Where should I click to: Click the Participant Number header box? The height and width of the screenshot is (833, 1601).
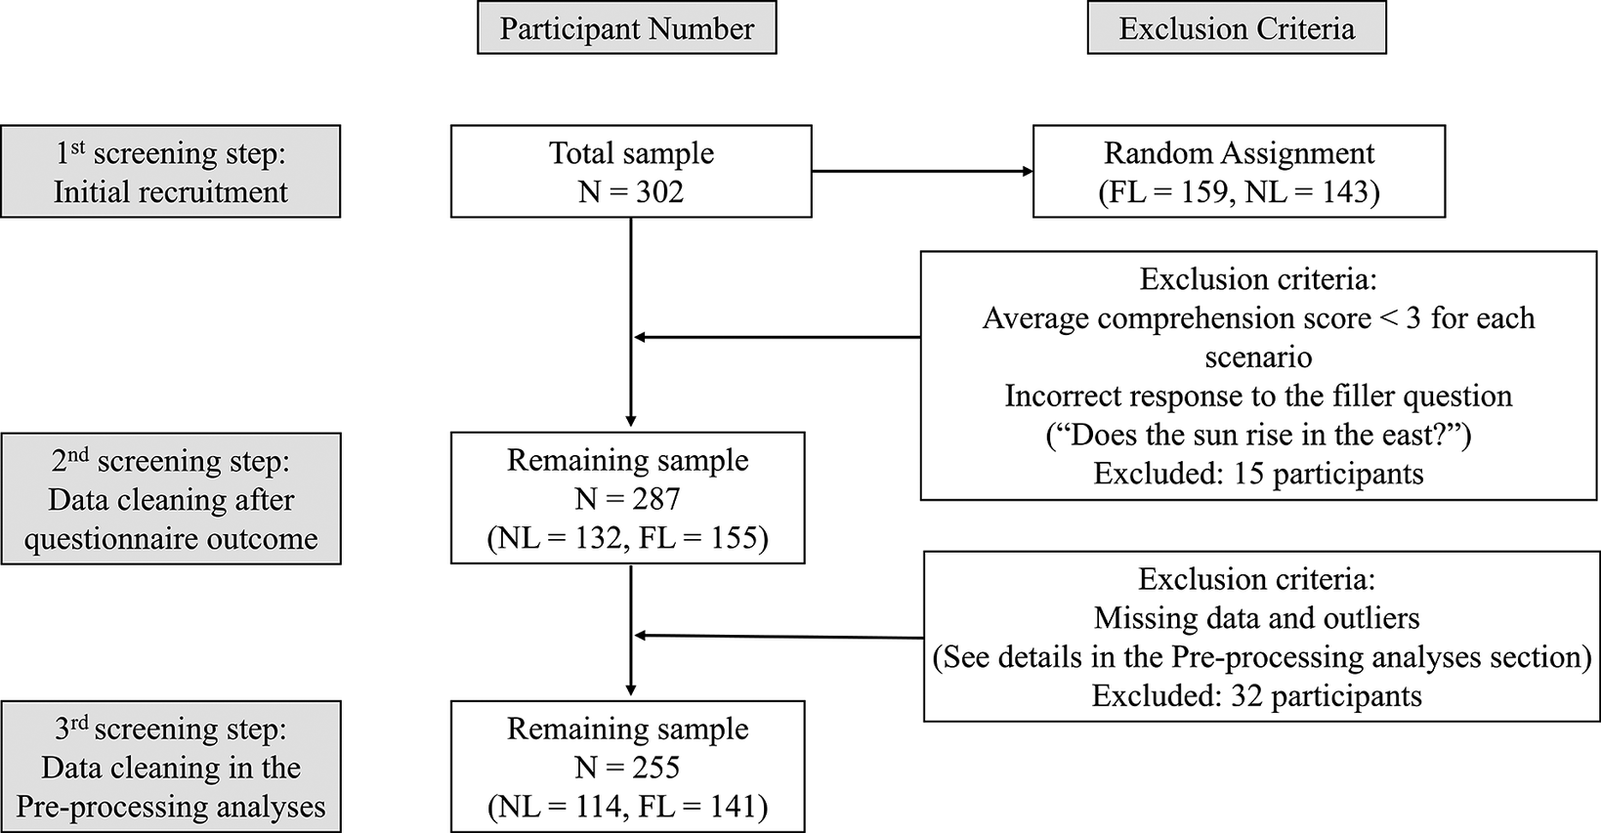pyautogui.click(x=626, y=29)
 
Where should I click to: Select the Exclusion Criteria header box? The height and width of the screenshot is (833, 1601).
pyautogui.click(x=1236, y=29)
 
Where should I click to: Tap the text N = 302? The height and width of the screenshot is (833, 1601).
pyautogui.click(x=630, y=191)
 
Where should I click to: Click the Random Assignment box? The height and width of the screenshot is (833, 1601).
pyautogui.click(x=1239, y=171)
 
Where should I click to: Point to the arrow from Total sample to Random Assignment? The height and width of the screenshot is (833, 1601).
pyautogui.click(x=921, y=172)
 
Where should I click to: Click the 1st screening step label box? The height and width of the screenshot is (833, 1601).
pyautogui.click(x=170, y=171)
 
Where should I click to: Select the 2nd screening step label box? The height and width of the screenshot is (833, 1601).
pyautogui.click(x=170, y=499)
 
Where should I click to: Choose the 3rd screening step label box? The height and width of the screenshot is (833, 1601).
pyautogui.click(x=170, y=767)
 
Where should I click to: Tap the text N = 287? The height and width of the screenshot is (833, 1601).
pyautogui.click(x=627, y=499)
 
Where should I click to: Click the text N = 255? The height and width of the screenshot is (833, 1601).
pyautogui.click(x=627, y=768)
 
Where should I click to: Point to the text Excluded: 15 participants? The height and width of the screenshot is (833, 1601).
pyautogui.click(x=1258, y=474)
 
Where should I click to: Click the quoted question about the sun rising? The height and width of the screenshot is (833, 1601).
pyautogui.click(x=1258, y=435)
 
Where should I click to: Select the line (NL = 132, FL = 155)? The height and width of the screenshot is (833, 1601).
pyautogui.click(x=627, y=538)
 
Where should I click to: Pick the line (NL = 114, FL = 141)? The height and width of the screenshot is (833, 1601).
pyautogui.click(x=627, y=807)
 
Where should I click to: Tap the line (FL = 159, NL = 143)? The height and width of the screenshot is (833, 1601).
pyautogui.click(x=1239, y=191)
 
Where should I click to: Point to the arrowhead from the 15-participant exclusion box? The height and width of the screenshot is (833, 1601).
pyautogui.click(x=641, y=338)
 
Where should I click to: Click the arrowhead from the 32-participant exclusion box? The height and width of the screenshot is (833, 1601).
pyautogui.click(x=641, y=636)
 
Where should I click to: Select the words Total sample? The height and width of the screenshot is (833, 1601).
pyautogui.click(x=631, y=153)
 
